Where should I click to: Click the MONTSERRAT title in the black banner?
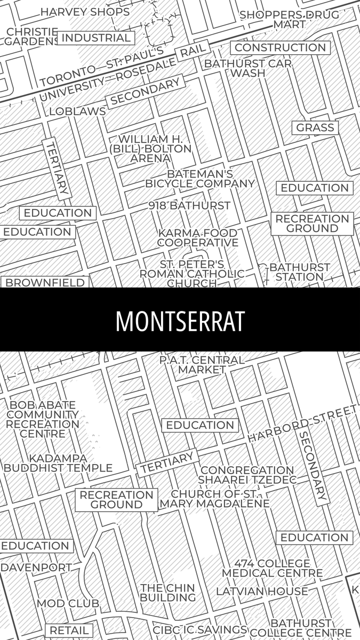pos(180,321)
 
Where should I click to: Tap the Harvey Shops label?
pos(85,12)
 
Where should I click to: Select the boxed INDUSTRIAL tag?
pos(96,38)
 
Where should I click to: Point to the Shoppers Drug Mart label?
pos(289,19)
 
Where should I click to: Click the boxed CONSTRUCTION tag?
pos(280,47)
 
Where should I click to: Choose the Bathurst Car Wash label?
pos(248,68)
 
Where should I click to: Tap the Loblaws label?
pos(77,111)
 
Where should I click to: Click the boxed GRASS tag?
pos(315,127)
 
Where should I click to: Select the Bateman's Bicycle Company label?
pos(200,179)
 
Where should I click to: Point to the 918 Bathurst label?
pos(189,205)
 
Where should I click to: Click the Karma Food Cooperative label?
pos(197,238)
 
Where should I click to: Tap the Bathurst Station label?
pos(299,271)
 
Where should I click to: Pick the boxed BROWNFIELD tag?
pos(45,283)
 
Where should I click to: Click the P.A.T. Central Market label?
pos(202,365)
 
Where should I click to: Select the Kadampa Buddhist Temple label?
pos(58,463)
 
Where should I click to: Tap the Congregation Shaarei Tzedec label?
pos(247,475)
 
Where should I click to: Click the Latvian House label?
pos(262,591)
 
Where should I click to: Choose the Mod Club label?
pos(68,603)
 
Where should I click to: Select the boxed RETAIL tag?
pos(68,630)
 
